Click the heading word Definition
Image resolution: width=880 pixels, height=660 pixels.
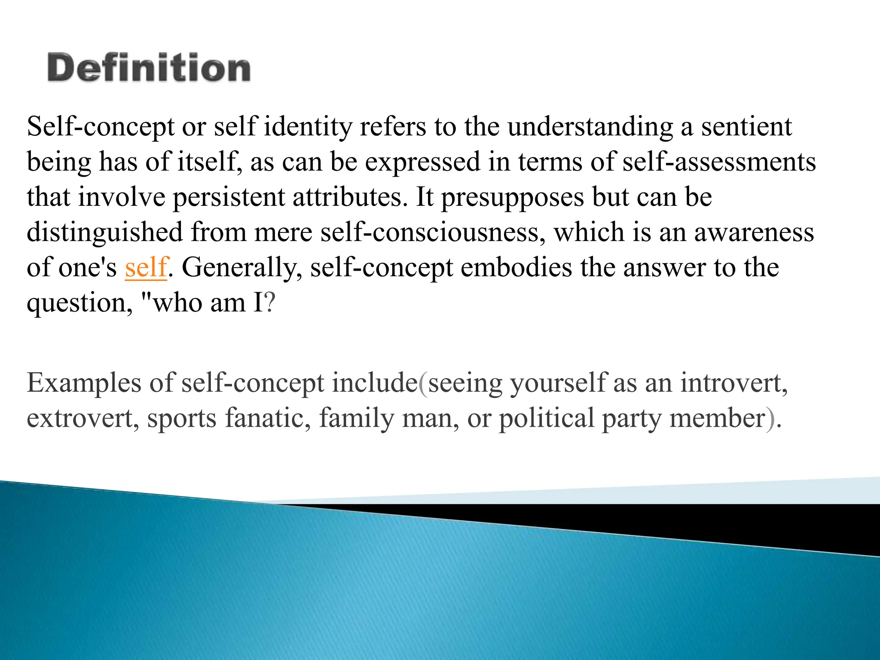(x=149, y=67)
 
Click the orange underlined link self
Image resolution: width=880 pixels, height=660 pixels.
(x=146, y=267)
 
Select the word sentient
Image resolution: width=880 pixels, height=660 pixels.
(x=747, y=127)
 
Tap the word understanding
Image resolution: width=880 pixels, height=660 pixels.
(x=590, y=128)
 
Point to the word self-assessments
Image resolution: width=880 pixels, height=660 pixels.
(x=719, y=162)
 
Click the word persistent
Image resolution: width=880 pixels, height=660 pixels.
(x=229, y=198)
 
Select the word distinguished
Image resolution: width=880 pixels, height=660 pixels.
(x=105, y=233)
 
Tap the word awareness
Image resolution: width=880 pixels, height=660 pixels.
(x=754, y=232)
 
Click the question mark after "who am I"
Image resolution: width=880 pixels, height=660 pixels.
(x=269, y=302)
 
